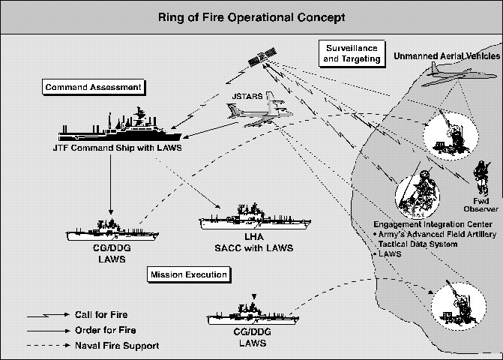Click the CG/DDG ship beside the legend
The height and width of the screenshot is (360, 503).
point(248,314)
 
